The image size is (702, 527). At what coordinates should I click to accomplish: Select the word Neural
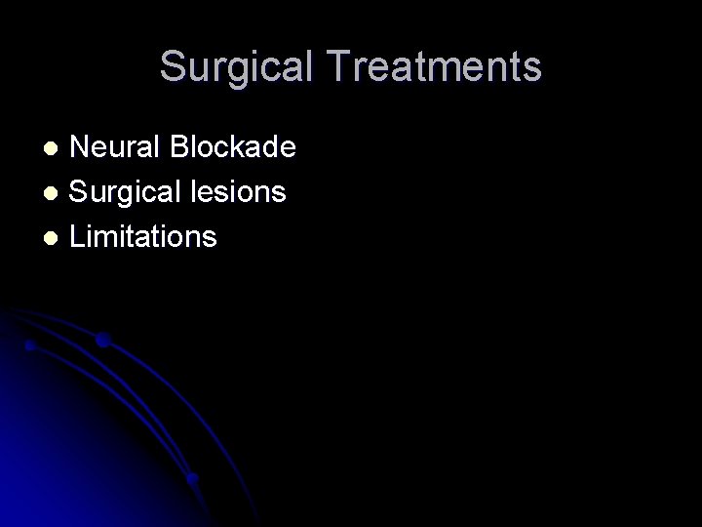[117, 147]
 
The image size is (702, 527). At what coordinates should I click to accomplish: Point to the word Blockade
[233, 147]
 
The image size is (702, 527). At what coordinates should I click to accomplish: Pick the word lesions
[244, 192]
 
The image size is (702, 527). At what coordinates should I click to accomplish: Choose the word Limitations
[144, 236]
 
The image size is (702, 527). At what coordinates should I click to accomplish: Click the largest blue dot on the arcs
[102, 340]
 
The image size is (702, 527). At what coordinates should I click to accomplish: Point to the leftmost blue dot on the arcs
[31, 345]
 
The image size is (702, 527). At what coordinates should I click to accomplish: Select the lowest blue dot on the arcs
[192, 478]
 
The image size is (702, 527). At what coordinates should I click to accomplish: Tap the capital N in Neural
[82, 147]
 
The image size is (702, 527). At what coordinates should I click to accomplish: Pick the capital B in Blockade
[180, 147]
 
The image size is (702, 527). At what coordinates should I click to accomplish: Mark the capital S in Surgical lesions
[81, 192]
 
